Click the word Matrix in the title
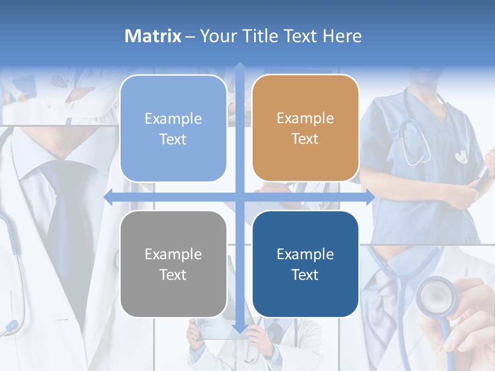pyautogui.click(x=153, y=36)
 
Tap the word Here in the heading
pyautogui.click(x=342, y=36)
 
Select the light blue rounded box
pyautogui.click(x=173, y=128)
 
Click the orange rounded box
pyautogui.click(x=305, y=128)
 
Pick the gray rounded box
pyautogui.click(x=173, y=264)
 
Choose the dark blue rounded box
pyautogui.click(x=305, y=264)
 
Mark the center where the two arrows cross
pyautogui.click(x=239, y=197)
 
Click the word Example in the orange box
pyautogui.click(x=305, y=119)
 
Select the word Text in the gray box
pyautogui.click(x=173, y=275)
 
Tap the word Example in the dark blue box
pyautogui.click(x=305, y=254)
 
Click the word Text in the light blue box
pyautogui.click(x=173, y=139)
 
